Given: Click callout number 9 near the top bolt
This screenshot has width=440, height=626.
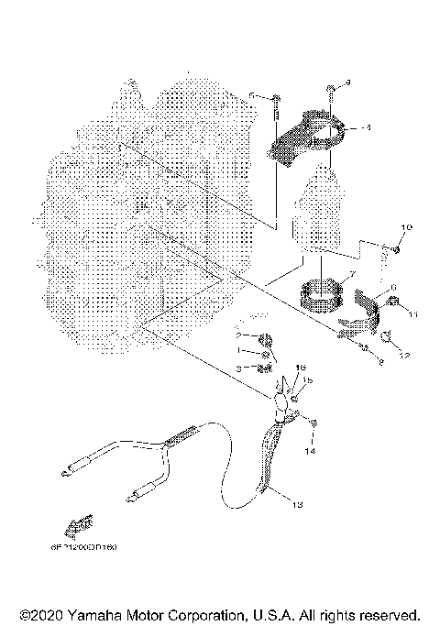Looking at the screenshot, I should [347, 83].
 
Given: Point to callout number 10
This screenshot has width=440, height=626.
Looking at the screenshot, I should [407, 225].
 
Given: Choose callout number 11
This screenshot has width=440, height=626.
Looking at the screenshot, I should [413, 313].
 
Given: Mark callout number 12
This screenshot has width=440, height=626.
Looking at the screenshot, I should [404, 354].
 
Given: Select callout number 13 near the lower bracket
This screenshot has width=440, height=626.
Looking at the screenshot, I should [296, 504].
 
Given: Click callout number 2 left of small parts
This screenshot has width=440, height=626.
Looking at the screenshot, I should [237, 336].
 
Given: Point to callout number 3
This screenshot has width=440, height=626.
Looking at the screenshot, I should [237, 368].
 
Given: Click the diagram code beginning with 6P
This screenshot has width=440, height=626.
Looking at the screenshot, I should [85, 551].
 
